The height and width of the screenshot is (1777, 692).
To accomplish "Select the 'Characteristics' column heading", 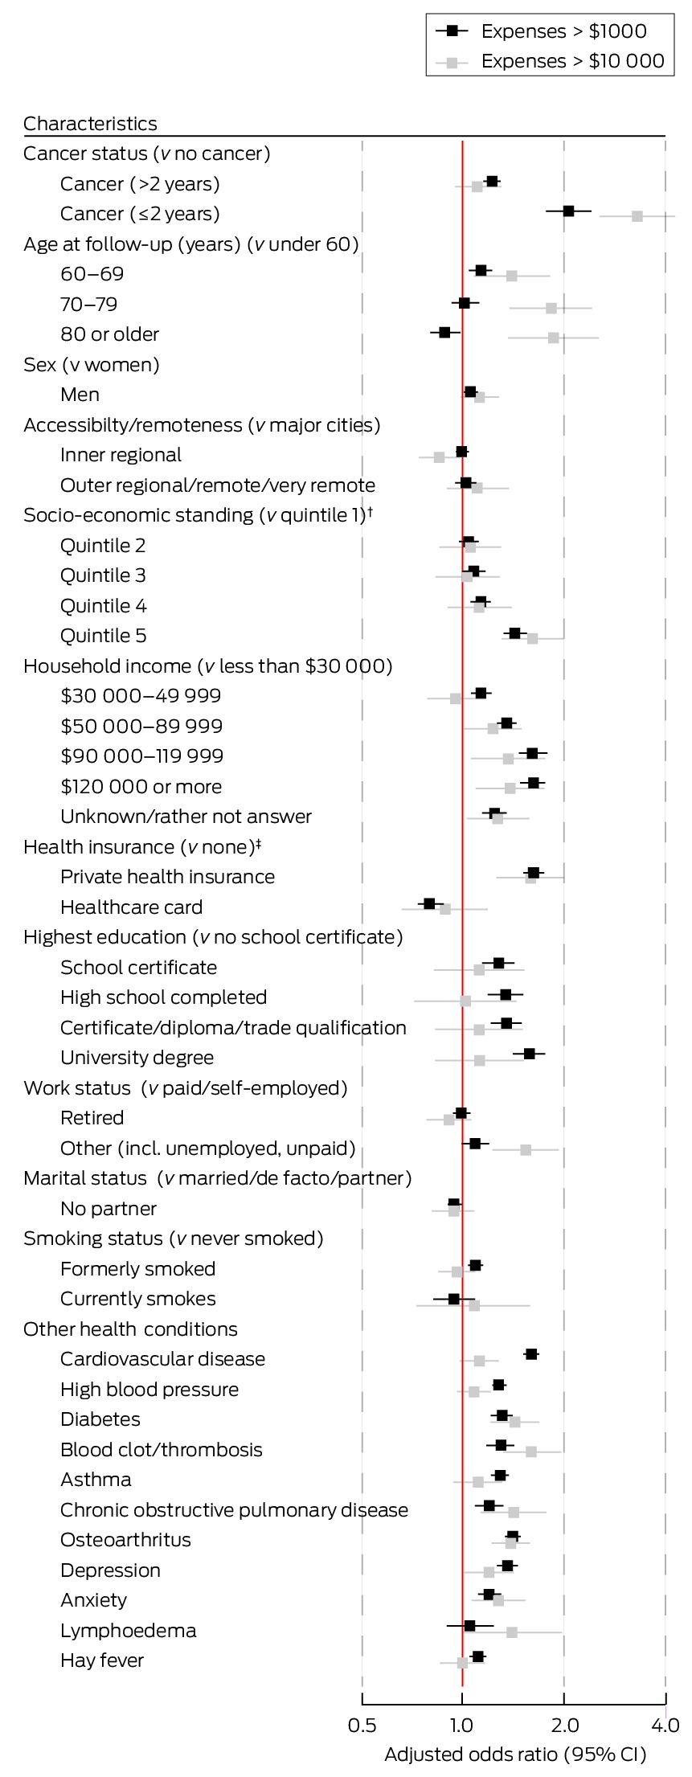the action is pyautogui.click(x=90, y=123).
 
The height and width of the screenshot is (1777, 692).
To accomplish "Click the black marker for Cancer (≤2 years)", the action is pyautogui.click(x=568, y=211).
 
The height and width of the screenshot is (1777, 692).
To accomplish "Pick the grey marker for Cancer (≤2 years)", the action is pyautogui.click(x=637, y=216).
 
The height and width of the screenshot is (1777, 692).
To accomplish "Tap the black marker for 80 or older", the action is pyautogui.click(x=444, y=332).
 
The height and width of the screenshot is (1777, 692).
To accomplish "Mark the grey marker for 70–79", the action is pyautogui.click(x=551, y=308).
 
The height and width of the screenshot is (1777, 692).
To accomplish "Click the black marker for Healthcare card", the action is pyautogui.click(x=429, y=903).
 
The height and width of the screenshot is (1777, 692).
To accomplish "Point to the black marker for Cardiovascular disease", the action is pyautogui.click(x=531, y=1354).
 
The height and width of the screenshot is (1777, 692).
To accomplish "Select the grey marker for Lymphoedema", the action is pyautogui.click(x=512, y=1632).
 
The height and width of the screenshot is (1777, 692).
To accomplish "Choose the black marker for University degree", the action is pyautogui.click(x=529, y=1053).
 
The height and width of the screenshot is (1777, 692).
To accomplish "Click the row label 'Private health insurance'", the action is pyautogui.click(x=167, y=877).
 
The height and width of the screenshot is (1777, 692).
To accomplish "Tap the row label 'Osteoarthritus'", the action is pyautogui.click(x=125, y=1540).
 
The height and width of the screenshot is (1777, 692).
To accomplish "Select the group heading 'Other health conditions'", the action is pyautogui.click(x=130, y=1329).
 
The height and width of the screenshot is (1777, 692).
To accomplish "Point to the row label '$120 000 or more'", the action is pyautogui.click(x=141, y=786).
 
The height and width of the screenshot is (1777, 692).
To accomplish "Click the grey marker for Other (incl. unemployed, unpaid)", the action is pyautogui.click(x=526, y=1150).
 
